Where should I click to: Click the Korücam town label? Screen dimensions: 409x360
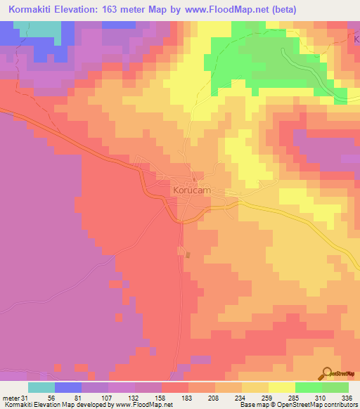[x=192, y=190]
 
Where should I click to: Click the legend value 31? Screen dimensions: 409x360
[x=27, y=398]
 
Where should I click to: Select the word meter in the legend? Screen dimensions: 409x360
[x=11, y=398]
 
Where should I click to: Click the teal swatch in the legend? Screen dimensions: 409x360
[x=41, y=387]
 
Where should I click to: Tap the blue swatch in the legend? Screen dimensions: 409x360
[x=67, y=387]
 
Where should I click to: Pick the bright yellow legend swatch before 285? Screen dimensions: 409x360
[x=281, y=387]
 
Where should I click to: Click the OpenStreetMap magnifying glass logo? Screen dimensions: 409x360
[x=327, y=373]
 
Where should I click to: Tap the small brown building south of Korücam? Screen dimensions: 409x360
[x=188, y=254]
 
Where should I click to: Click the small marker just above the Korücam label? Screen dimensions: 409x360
[x=194, y=180]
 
